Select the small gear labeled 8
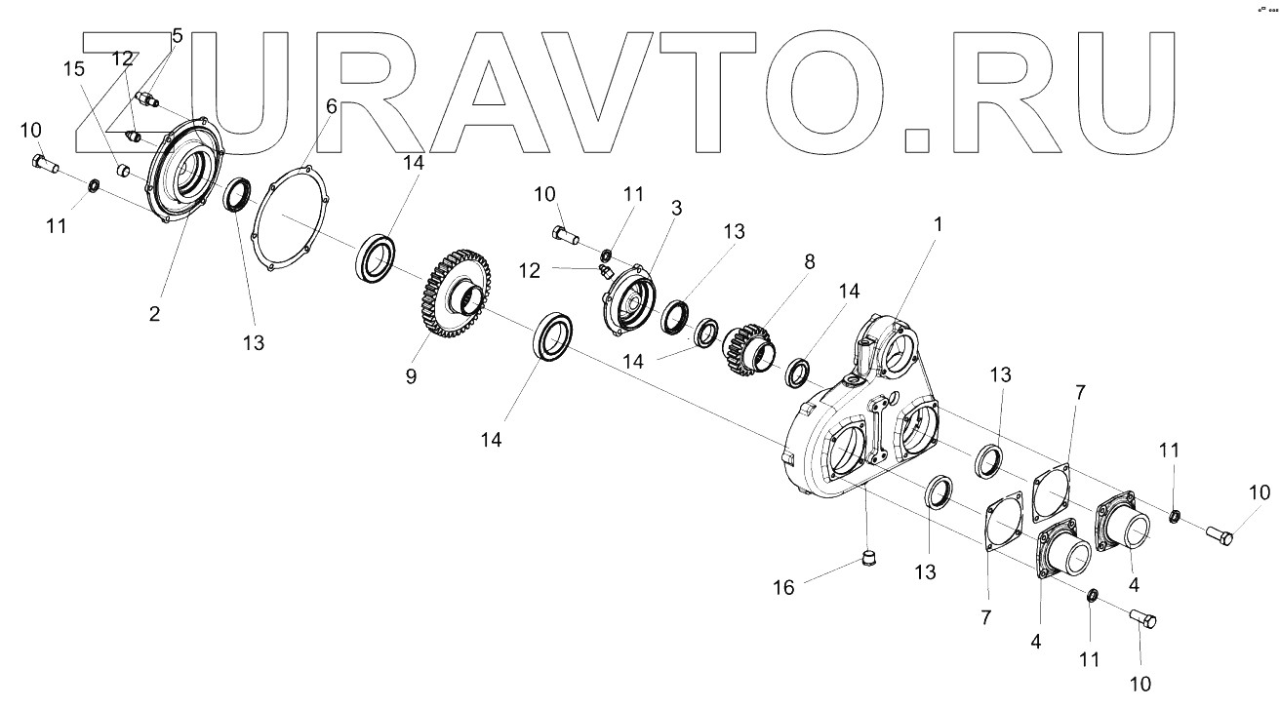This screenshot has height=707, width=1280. [x=747, y=346]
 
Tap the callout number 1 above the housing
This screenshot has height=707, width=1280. [x=938, y=223]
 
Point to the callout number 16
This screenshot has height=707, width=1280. [x=784, y=587]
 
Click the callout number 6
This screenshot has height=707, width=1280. [x=331, y=106]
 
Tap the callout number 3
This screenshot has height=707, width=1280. [x=676, y=209]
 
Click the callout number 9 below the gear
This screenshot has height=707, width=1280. [x=411, y=375]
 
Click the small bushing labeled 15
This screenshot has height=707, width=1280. [x=124, y=172]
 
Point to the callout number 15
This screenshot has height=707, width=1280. [x=73, y=69]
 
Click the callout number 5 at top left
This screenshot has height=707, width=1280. [x=177, y=36]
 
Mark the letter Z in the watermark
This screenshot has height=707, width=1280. [x=137, y=93]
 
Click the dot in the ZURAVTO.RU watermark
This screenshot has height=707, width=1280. [x=919, y=139]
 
